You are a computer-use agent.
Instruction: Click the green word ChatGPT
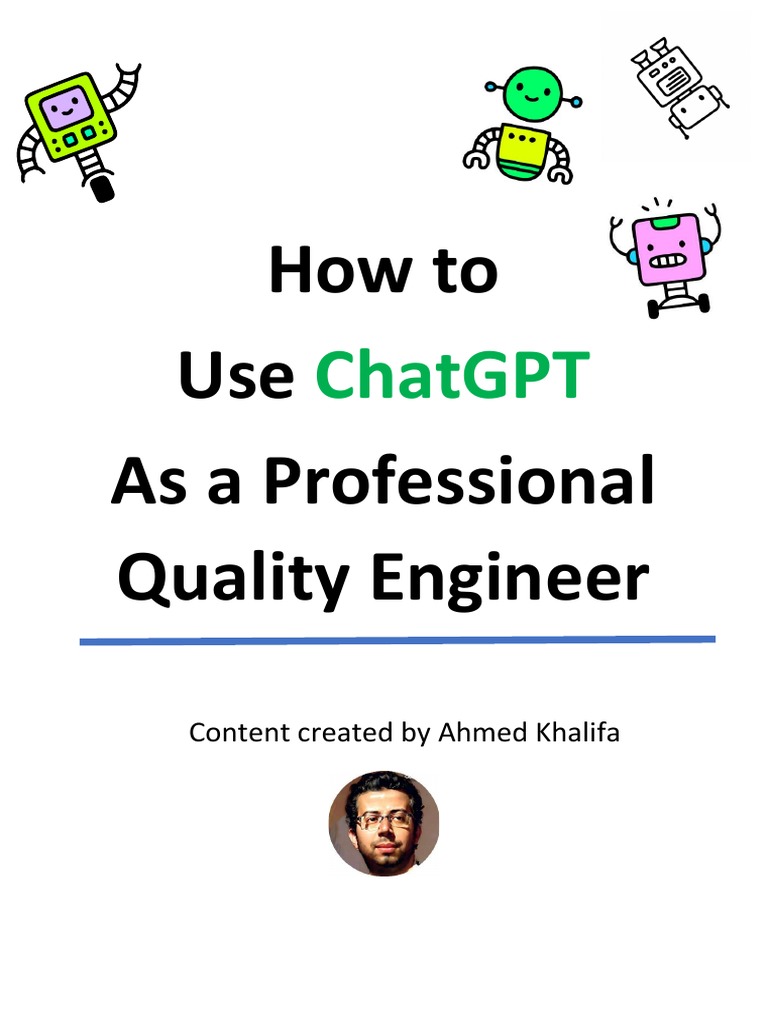(x=450, y=375)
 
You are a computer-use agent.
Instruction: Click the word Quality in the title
(x=233, y=578)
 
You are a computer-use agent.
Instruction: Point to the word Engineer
(x=509, y=578)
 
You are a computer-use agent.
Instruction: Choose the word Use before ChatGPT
(x=236, y=375)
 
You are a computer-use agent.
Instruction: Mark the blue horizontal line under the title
(x=397, y=640)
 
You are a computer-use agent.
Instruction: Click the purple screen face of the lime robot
(x=67, y=103)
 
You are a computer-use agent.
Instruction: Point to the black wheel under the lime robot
(x=102, y=187)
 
